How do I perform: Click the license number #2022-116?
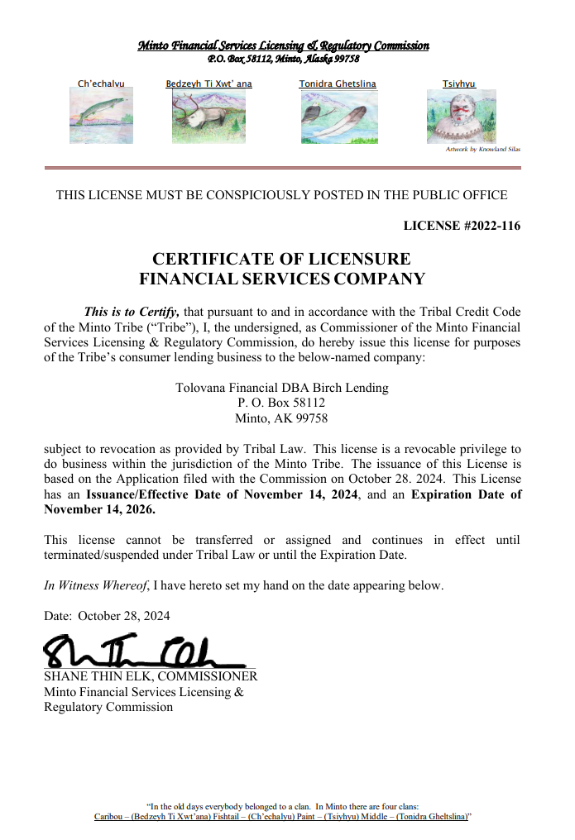pyautogui.click(x=462, y=226)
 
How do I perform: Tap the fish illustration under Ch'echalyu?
pyautogui.click(x=101, y=116)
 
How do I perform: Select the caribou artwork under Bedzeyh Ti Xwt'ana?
pyautogui.click(x=209, y=117)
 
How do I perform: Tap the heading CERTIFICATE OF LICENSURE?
pyautogui.click(x=281, y=260)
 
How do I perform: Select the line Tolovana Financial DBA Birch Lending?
pyautogui.click(x=281, y=388)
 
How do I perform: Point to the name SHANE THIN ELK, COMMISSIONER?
pyautogui.click(x=150, y=676)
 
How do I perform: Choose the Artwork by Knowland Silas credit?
pyautogui.click(x=483, y=150)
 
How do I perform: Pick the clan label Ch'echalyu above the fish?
pyautogui.click(x=101, y=84)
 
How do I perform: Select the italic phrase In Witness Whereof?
pyautogui.click(x=96, y=585)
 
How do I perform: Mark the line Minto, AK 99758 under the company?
pyautogui.click(x=281, y=418)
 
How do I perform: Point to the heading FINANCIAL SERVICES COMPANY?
pyautogui.click(x=281, y=279)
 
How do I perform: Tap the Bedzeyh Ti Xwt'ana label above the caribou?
pyautogui.click(x=209, y=84)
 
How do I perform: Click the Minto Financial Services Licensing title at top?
pyautogui.click(x=283, y=45)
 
